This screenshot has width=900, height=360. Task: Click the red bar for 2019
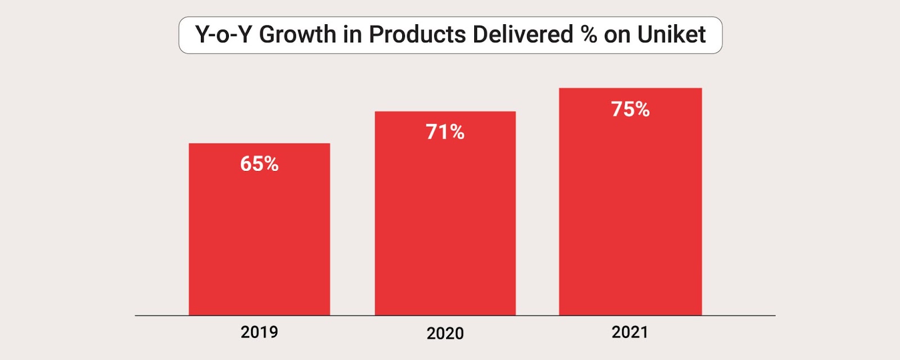[x=259, y=236]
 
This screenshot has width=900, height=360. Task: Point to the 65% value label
[x=259, y=164]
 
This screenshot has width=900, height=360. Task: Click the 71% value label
[x=445, y=132]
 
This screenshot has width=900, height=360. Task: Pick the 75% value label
[x=630, y=109]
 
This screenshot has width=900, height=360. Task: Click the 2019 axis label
[x=259, y=332]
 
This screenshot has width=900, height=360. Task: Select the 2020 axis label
[x=445, y=333]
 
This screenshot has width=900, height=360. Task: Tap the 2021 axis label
[x=630, y=332]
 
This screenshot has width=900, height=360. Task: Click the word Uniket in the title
[x=671, y=35]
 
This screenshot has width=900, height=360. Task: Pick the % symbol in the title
[x=589, y=35]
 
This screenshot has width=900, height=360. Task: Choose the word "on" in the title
[x=617, y=35]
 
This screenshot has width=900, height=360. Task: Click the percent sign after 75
[x=642, y=109]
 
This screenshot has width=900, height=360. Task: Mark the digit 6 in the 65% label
[x=246, y=164]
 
